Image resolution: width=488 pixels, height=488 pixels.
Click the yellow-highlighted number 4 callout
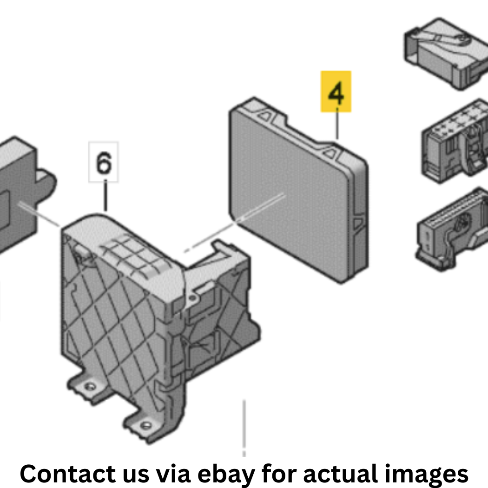tap(336, 91)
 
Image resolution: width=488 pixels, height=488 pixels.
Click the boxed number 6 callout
tap(104, 162)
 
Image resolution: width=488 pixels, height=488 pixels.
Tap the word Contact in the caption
tap(68, 474)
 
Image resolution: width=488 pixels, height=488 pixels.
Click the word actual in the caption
tap(341, 474)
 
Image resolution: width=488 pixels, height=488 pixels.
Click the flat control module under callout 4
tap(299, 190)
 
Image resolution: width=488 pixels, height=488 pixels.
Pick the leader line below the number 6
tap(106, 195)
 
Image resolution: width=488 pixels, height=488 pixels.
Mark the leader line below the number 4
tap(337, 123)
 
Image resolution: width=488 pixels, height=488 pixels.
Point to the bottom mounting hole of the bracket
tap(146, 425)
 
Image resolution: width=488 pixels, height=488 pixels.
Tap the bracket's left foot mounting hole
tap(90, 387)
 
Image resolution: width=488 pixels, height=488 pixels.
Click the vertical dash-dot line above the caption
tap(244, 428)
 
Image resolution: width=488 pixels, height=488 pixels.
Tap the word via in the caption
tap(173, 474)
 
